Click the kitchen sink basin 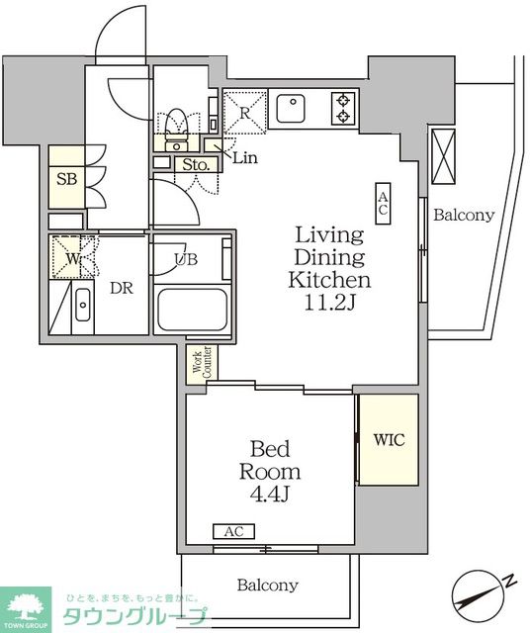(291, 108)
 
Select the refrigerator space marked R (244, 113)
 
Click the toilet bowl (176, 121)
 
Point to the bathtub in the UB (192, 310)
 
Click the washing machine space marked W (72, 257)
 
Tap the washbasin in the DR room (83, 305)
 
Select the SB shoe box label (66, 179)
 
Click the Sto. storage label (196, 164)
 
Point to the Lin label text (245, 157)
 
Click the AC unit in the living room (383, 203)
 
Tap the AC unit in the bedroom (233, 531)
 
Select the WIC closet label (389, 439)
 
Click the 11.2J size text (329, 303)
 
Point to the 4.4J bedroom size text (270, 494)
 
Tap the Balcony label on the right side (464, 216)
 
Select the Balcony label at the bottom (268, 585)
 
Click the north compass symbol (479, 596)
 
